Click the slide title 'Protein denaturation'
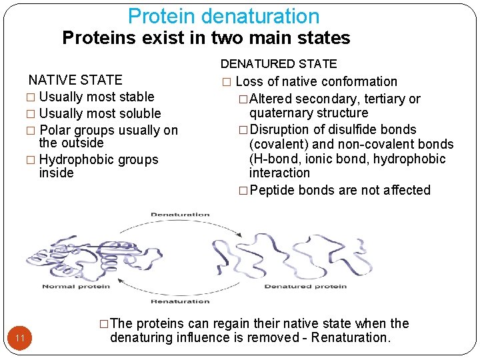[223, 16]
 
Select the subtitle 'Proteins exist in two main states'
[206, 38]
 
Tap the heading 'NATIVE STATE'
[75, 80]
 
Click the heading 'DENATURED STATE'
[279, 64]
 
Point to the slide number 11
[20, 339]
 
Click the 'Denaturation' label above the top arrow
[180, 215]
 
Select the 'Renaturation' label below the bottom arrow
[180, 301]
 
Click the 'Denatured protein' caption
[305, 287]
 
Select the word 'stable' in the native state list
[135, 97]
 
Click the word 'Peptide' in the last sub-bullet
[273, 190]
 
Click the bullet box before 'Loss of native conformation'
[227, 82]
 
